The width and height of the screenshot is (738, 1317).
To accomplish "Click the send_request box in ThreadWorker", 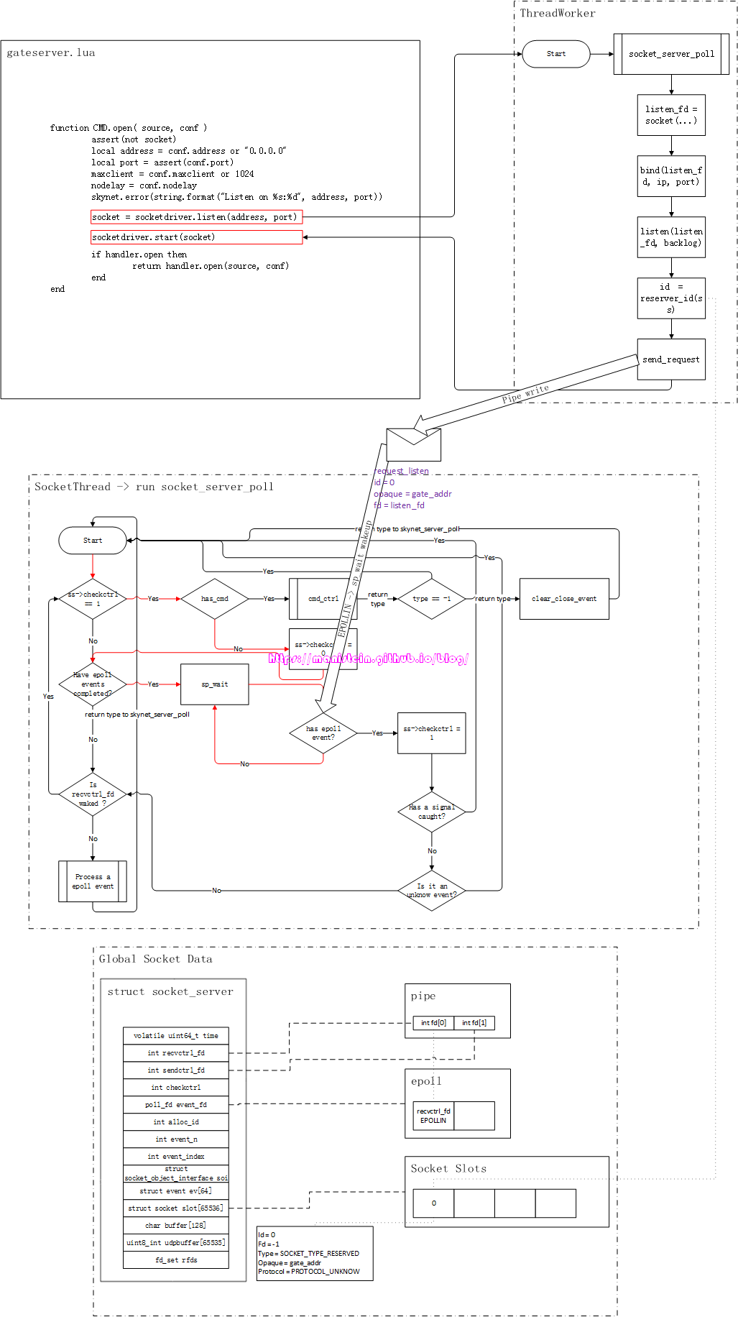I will (x=670, y=359).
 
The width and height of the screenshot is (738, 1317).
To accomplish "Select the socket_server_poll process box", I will (x=671, y=54).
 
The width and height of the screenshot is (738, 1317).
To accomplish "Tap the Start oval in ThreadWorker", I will (x=555, y=54).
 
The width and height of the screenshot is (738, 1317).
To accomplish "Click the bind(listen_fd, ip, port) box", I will (x=671, y=176).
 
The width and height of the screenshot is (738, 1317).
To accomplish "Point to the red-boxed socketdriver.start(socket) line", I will (x=196, y=237).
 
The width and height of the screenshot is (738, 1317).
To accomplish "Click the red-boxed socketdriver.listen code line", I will (x=196, y=217).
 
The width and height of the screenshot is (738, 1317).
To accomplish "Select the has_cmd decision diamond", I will (x=214, y=599).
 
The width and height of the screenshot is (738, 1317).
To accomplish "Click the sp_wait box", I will (x=214, y=684).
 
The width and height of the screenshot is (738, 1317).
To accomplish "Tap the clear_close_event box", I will (x=564, y=599).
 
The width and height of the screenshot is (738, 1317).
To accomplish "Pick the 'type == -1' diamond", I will (x=432, y=599).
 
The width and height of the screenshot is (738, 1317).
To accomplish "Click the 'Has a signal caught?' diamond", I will (x=432, y=812).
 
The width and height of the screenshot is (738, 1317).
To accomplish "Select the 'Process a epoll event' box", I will (x=93, y=881).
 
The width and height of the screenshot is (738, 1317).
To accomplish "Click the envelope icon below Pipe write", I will (x=413, y=445).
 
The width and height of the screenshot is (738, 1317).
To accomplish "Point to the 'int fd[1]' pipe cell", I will (x=474, y=1023).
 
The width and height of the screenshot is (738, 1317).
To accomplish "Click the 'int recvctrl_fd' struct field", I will (x=176, y=1053).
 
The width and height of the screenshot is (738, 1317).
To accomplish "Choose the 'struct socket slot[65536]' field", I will (x=176, y=1208).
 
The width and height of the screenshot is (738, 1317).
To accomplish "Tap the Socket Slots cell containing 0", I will (x=433, y=1203).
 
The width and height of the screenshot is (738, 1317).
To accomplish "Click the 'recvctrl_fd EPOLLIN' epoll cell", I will (x=433, y=1116).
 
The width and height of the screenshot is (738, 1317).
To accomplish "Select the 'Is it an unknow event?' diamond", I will (x=432, y=891).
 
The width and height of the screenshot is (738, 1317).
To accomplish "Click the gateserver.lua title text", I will (x=51, y=53).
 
